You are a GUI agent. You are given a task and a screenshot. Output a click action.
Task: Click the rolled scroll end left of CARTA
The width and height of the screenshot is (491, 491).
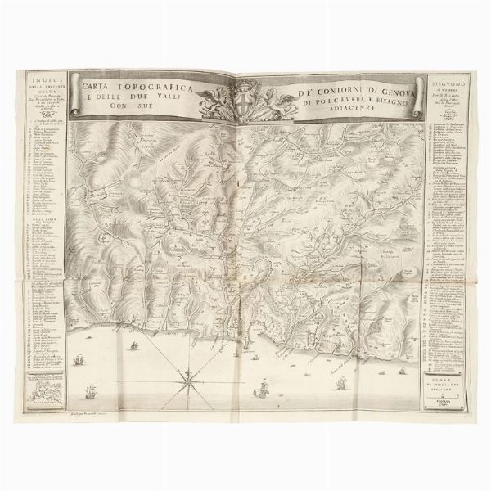pyautogui.click(x=75, y=92)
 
